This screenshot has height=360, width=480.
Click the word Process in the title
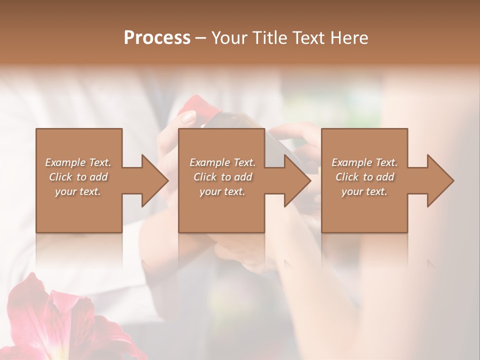[x=157, y=38]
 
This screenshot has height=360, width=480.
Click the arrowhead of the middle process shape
[x=297, y=180]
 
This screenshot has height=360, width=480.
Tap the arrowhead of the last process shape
[x=440, y=180]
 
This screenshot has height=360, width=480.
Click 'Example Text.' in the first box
[x=78, y=162]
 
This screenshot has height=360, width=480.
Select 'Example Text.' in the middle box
[x=222, y=162]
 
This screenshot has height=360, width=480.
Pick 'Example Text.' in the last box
[x=364, y=162]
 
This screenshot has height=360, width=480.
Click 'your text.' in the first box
[x=78, y=191]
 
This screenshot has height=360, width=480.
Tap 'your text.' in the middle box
[x=222, y=191]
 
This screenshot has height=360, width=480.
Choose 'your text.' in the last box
[x=364, y=191]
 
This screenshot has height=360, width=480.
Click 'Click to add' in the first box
[x=78, y=177]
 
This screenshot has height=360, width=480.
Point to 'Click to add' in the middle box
[x=222, y=177]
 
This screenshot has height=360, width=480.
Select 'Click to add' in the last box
[x=364, y=177]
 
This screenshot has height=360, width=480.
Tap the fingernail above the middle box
[x=188, y=117]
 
